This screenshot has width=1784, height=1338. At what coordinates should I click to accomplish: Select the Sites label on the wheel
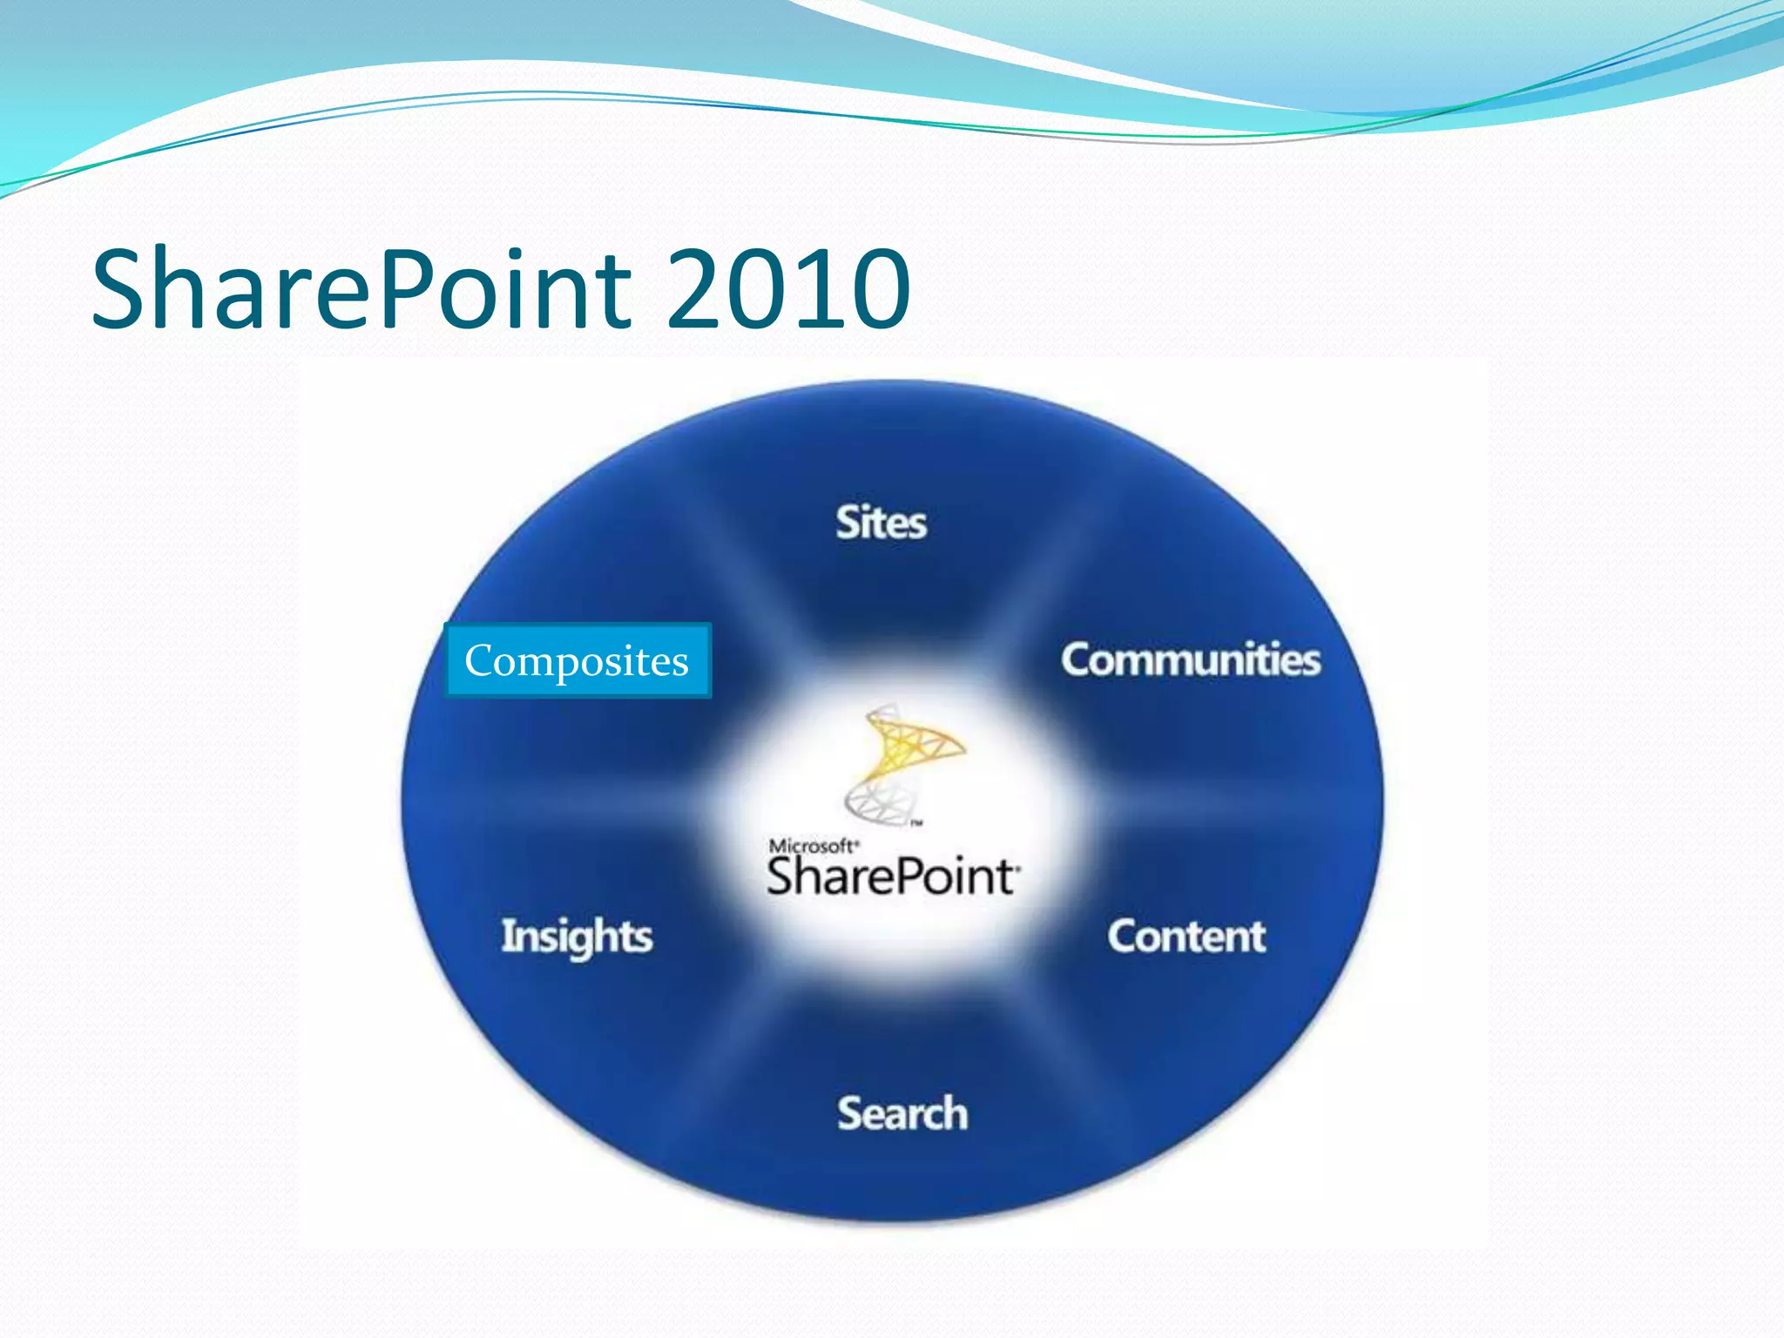pyautogui.click(x=881, y=523)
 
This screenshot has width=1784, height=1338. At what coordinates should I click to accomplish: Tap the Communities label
pyautogui.click(x=1190, y=659)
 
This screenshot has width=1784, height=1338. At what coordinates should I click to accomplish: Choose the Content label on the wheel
pyautogui.click(x=1186, y=936)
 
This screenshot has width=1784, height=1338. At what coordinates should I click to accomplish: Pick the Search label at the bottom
pyautogui.click(x=902, y=1113)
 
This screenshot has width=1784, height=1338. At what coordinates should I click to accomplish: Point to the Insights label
pyautogui.click(x=577, y=936)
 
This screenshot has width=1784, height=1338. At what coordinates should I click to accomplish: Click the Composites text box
pyautogui.click(x=577, y=660)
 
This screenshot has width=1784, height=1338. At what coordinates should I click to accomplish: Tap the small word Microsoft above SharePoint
pyautogui.click(x=811, y=846)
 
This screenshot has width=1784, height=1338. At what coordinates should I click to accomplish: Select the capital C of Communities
pyautogui.click(x=1078, y=659)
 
